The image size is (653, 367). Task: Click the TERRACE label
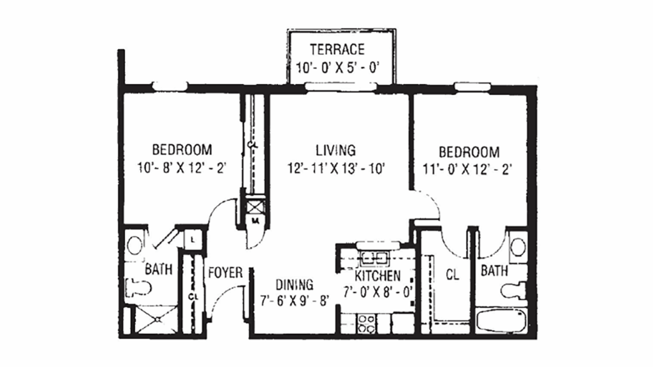[x=337, y=49]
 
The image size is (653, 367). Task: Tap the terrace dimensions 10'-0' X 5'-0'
[x=337, y=67]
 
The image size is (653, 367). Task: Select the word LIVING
[x=335, y=150]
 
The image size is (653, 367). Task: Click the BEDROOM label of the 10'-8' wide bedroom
[x=182, y=150]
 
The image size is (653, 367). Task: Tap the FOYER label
[x=225, y=273]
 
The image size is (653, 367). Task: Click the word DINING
[x=294, y=284]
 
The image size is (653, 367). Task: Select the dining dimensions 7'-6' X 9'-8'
[x=294, y=300]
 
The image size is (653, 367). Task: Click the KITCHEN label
[x=378, y=276]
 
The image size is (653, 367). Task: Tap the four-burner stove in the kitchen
[x=367, y=323]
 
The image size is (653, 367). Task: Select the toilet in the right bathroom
[x=514, y=291]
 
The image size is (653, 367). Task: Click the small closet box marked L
[x=193, y=239]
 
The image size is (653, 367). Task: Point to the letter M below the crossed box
[x=254, y=221]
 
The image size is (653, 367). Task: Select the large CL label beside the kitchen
[x=452, y=276]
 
